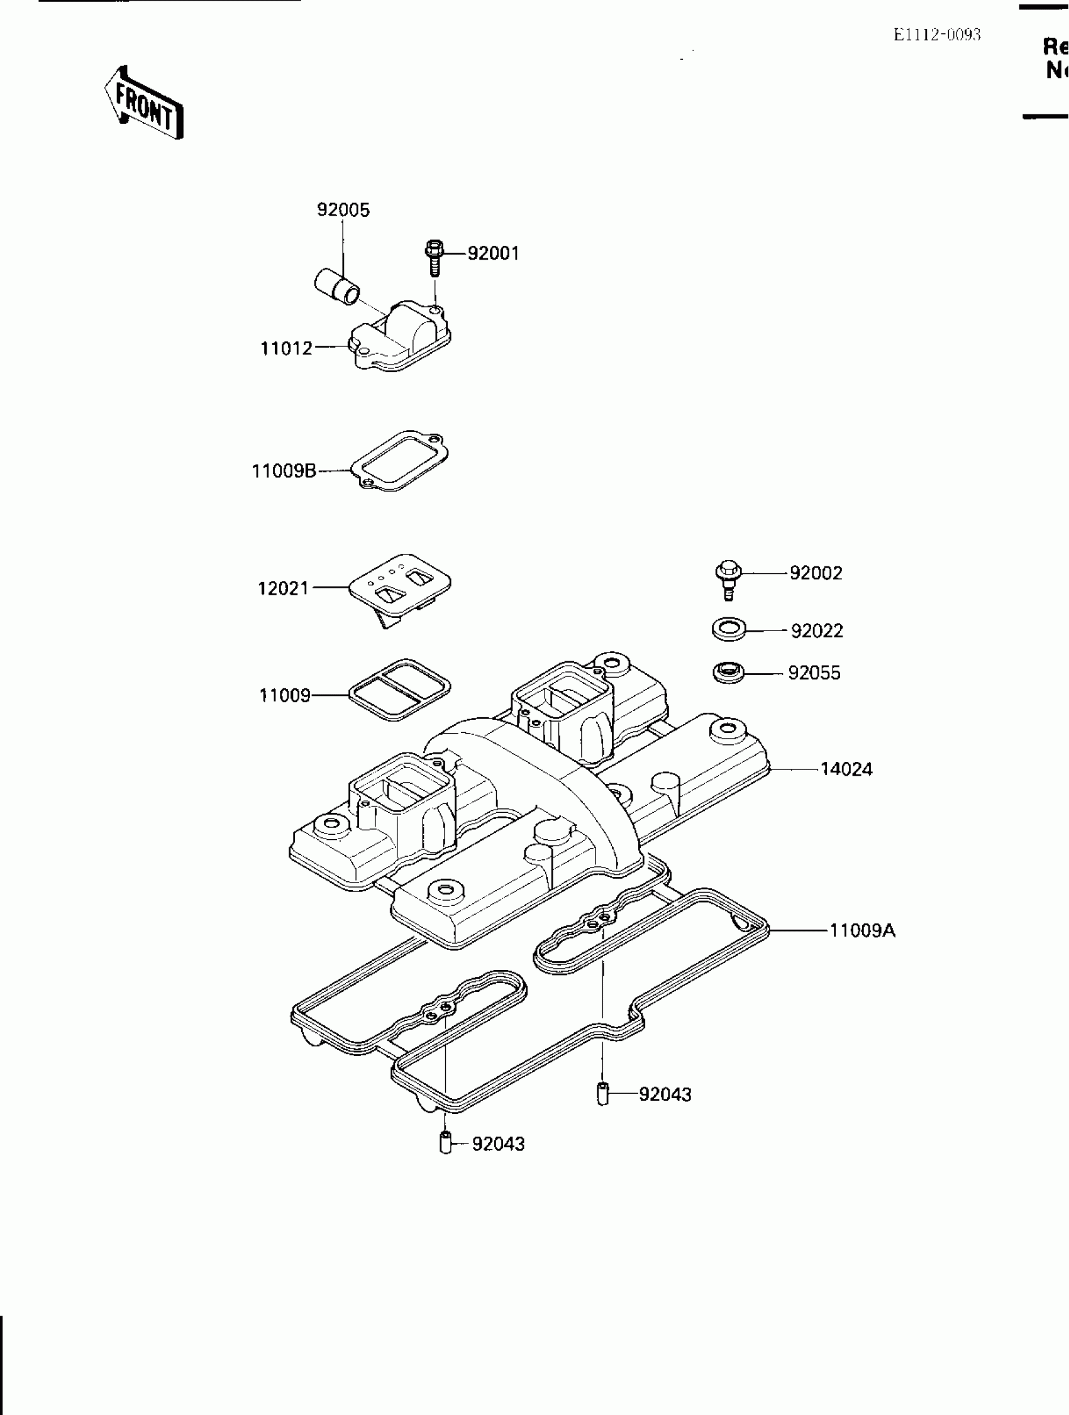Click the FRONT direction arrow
(x=145, y=103)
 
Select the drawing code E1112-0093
(x=936, y=35)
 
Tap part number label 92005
(x=343, y=210)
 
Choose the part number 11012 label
(x=286, y=349)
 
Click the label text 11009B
(x=284, y=471)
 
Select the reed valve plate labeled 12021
(x=399, y=584)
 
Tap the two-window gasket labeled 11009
(x=399, y=690)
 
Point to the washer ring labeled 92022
(x=728, y=629)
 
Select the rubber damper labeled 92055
(x=728, y=673)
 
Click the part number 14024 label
(x=846, y=769)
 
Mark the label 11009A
(x=861, y=930)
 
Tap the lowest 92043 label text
(x=498, y=1144)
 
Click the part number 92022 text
(x=816, y=630)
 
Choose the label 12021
(x=283, y=588)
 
